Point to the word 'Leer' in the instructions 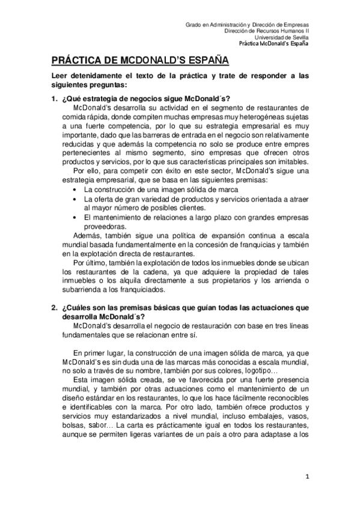pos(59,76)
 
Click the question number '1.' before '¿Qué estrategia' pos(53,99)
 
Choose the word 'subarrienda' pos(82,289)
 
